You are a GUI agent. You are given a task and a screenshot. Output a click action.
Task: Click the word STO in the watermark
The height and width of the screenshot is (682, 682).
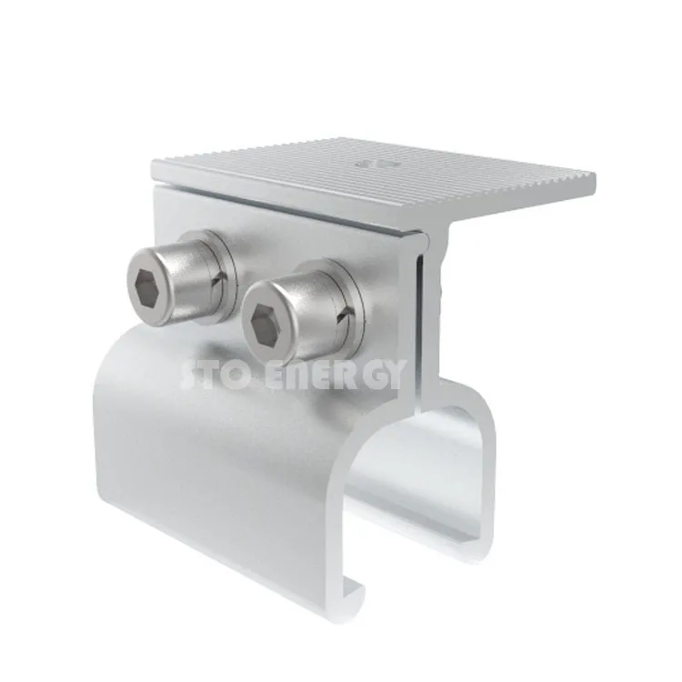[216, 373]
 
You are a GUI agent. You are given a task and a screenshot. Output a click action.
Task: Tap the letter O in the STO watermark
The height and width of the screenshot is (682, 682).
[247, 373]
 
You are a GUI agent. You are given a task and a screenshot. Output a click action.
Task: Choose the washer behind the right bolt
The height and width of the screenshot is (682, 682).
[346, 300]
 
